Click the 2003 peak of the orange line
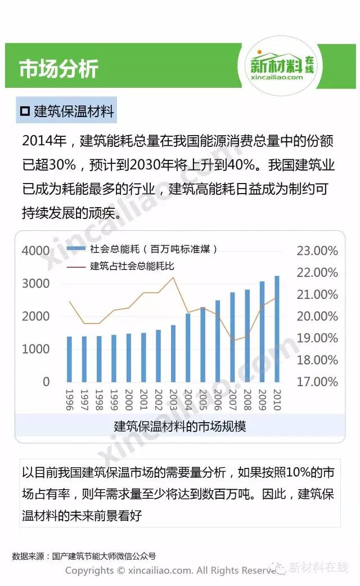coord(173,277)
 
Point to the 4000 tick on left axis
coord(36,251)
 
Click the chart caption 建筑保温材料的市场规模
coord(180,426)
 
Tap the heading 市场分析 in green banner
coord(58,69)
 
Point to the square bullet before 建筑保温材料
coord(25,111)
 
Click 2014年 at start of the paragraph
coord(44,140)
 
